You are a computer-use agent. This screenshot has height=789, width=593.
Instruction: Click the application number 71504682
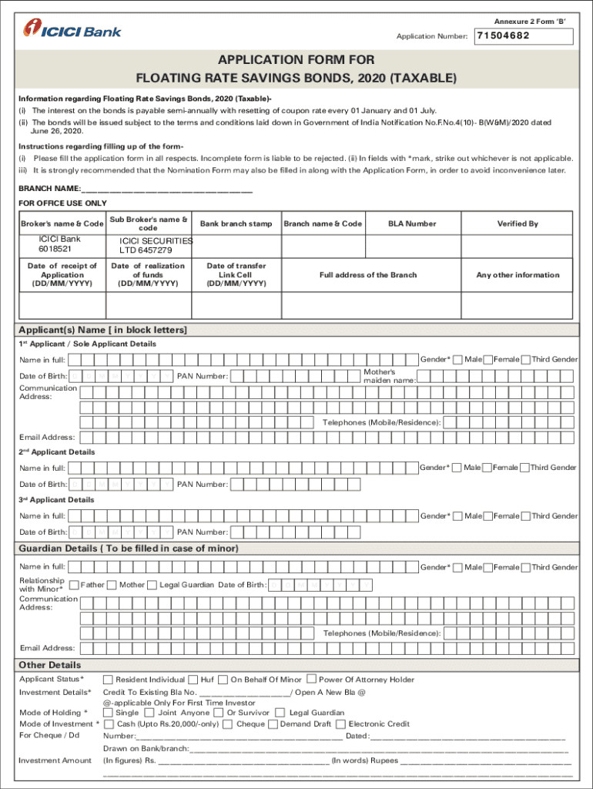(504, 36)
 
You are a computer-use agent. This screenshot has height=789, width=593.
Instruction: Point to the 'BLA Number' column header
(412, 223)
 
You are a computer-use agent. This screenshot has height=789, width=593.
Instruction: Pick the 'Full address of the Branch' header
(368, 275)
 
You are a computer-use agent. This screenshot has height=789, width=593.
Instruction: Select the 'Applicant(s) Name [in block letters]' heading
(103, 330)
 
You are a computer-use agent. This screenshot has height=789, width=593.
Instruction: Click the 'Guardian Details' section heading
(129, 549)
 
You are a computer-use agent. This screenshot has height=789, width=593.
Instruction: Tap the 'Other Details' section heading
(50, 665)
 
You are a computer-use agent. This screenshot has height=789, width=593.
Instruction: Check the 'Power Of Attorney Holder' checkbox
(311, 679)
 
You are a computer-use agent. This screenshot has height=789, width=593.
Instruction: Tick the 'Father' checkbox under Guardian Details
(75, 585)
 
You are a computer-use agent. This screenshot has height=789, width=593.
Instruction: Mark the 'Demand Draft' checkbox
(273, 724)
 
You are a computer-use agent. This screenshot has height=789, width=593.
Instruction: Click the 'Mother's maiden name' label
(390, 376)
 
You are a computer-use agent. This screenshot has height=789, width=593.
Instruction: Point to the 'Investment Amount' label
(55, 760)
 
